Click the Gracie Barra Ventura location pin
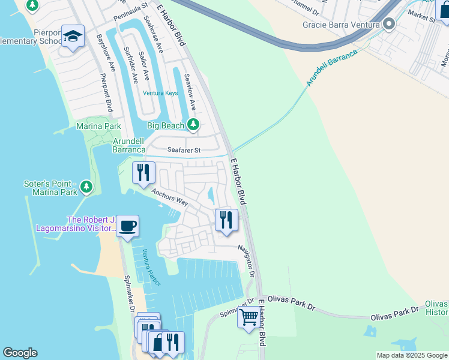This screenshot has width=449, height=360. [388, 25]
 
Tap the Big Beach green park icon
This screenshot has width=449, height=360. [193, 125]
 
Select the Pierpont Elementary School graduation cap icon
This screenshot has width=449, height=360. [73, 37]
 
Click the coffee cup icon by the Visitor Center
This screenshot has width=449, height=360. [127, 226]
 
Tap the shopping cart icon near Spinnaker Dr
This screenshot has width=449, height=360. [248, 316]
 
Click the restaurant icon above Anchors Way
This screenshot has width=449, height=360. [143, 172]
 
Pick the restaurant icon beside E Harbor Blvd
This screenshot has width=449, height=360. [226, 219]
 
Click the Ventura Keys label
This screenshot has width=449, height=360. [160, 93]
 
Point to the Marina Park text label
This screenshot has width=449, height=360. [98, 126]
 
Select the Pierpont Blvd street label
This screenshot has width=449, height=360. [106, 92]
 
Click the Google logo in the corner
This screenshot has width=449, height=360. [20, 353]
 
